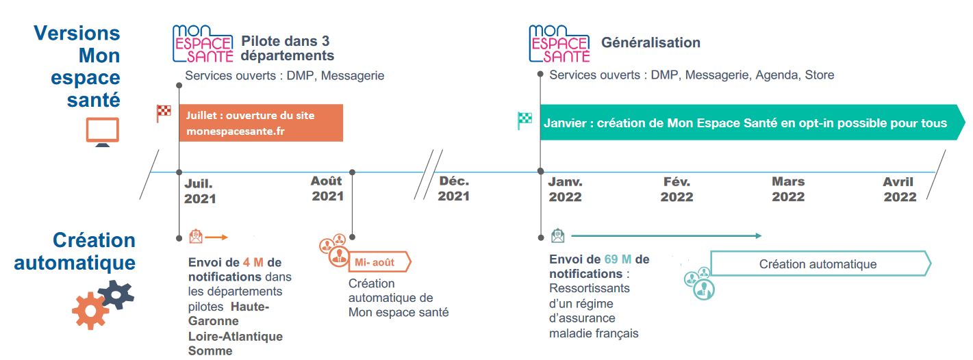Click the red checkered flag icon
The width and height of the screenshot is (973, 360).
coord(164,114)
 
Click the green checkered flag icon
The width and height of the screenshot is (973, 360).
coord(525,120)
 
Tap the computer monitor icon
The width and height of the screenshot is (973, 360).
coord(103,132)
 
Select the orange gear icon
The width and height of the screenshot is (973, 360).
coord(90,311)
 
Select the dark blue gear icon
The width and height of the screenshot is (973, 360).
coord(116,295)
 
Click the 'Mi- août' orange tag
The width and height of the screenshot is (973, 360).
coord(379,262)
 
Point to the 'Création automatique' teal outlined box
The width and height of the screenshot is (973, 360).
coord(820,263)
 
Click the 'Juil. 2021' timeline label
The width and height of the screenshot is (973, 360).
coord(200,191)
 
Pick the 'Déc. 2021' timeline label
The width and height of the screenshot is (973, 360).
coord(453,188)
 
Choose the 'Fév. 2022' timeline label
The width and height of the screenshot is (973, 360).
coord(677,190)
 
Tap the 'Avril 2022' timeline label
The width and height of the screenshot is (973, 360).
coord(900,190)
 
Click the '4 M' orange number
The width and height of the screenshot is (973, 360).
coord(253,262)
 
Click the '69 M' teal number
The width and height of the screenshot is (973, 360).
coord(618,259)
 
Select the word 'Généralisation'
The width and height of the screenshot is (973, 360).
coord(650,42)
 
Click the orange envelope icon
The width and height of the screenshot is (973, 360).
coord(196,236)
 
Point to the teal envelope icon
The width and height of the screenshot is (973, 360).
coord(558,236)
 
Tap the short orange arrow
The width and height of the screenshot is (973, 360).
coord(216,237)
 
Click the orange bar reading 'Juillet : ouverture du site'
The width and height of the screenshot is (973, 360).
coord(261,123)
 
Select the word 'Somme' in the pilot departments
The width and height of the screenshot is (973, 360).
coord(210,351)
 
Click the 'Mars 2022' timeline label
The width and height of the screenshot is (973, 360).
coord(788,190)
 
